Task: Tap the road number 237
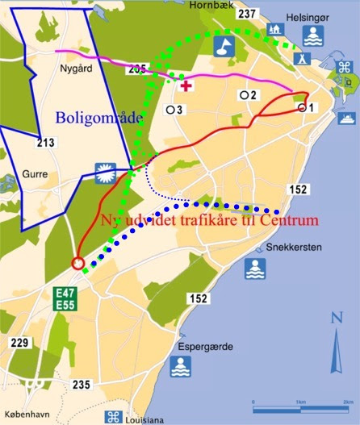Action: coord(247,14)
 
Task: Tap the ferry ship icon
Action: coord(348,118)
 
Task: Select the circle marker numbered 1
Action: coord(303,107)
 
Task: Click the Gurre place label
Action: coord(36,173)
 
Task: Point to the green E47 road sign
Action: coord(65,293)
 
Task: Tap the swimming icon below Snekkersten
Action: coord(254,269)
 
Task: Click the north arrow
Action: coord(337,343)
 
